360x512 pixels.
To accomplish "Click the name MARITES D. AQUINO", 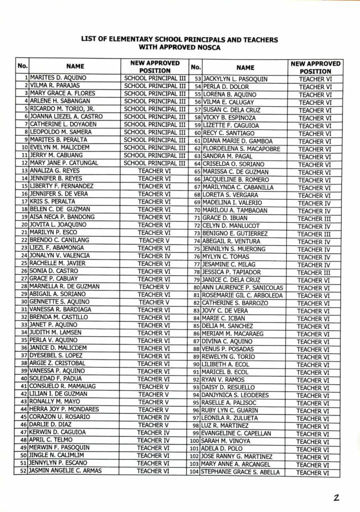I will pos(58,78).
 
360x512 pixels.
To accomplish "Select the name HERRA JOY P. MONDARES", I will pos(63,409).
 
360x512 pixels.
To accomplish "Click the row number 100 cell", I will pos(194,441).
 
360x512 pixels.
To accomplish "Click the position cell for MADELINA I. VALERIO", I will pos(314,202).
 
